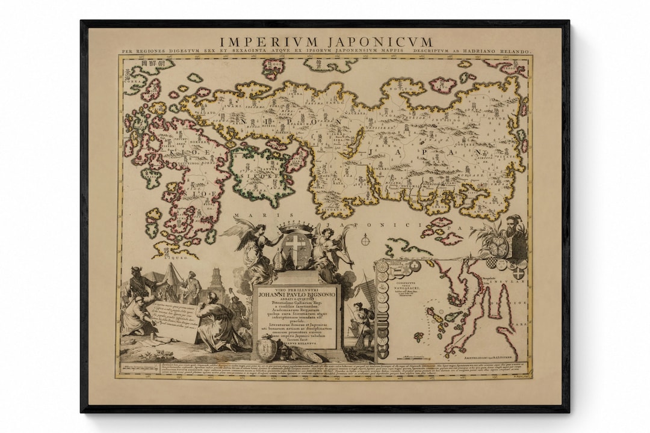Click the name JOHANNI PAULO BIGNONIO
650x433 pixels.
point(296,295)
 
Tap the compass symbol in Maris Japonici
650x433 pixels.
point(365,241)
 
